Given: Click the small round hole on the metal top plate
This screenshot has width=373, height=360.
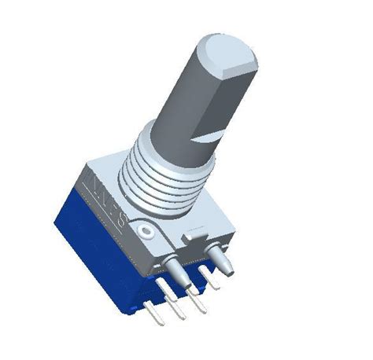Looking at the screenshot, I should (x=146, y=232).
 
